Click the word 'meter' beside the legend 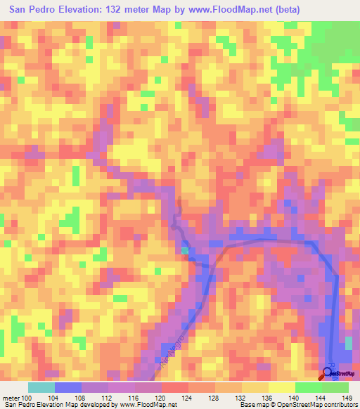(x=11, y=398)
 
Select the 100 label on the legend (x=27, y=398)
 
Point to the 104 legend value (x=54, y=398)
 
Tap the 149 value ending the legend (x=347, y=398)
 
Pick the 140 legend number (x=296, y=398)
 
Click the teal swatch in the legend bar (x=41, y=387)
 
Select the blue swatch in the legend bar (x=67, y=387)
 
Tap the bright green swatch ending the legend (x=335, y=387)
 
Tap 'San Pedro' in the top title (x=32, y=9)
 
